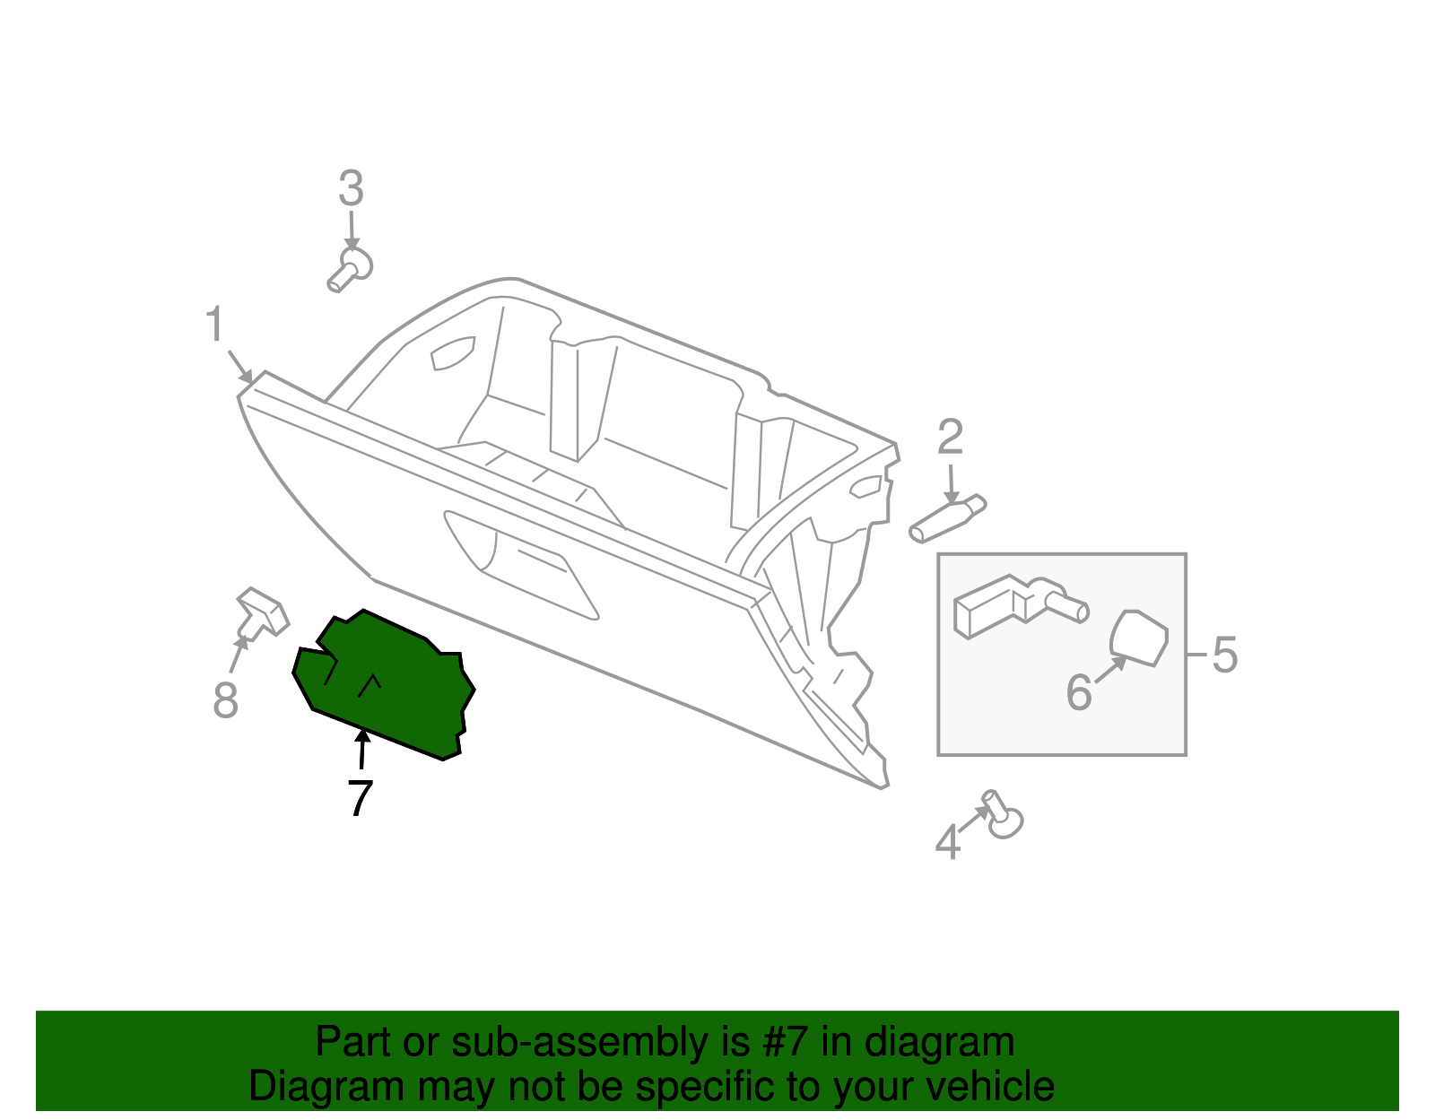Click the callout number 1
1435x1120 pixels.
(214, 325)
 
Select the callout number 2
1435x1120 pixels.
(950, 438)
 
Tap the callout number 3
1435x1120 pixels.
(351, 189)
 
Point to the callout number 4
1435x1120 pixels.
(948, 843)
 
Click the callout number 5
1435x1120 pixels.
(1224, 655)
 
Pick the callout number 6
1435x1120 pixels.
(1079, 692)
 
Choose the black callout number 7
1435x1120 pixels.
(360, 797)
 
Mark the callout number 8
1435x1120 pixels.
(226, 699)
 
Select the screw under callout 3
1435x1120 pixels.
(350, 269)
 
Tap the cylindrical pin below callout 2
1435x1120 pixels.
(947, 520)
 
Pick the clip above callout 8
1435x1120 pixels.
(262, 612)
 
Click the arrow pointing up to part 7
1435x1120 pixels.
(362, 750)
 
